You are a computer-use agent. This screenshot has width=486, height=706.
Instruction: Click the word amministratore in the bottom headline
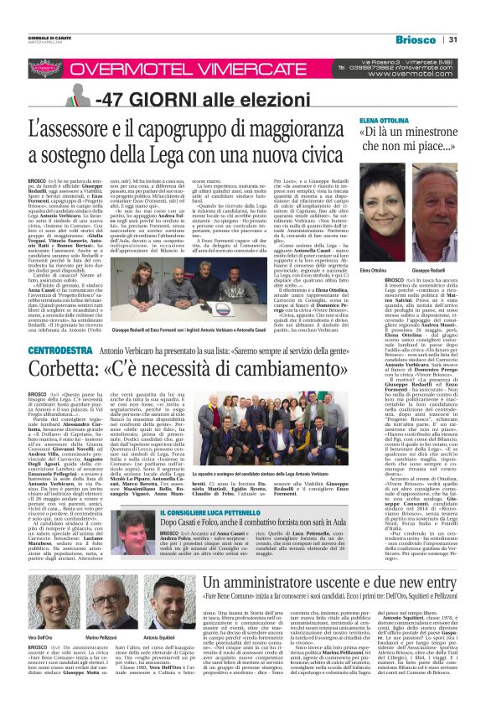[x=267, y=582]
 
